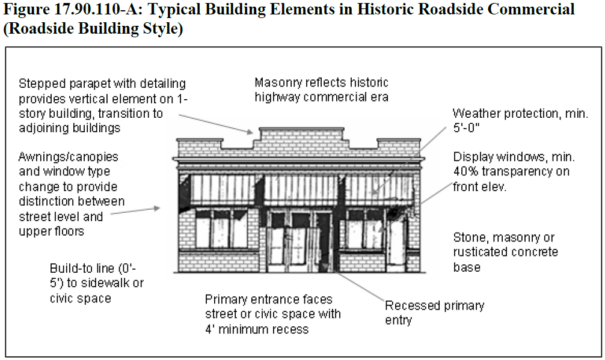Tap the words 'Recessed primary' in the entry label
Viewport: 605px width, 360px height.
(434, 305)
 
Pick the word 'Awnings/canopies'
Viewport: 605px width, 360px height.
(69, 157)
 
